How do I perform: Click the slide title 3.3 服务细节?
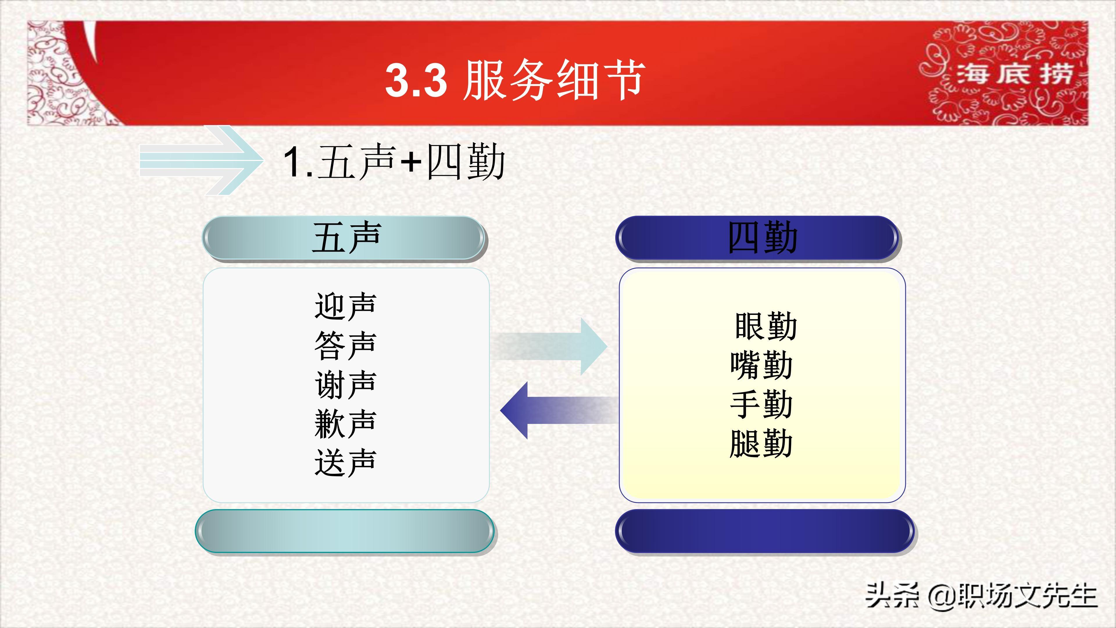point(515,80)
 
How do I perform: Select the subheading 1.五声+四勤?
point(394,161)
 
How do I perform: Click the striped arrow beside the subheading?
point(201,160)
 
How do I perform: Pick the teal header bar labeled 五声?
point(345,238)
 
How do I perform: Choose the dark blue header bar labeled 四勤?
point(759,238)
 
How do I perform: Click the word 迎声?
point(345,306)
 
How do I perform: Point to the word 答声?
point(345,345)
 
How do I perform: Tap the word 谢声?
point(345,384)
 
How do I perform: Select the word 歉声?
point(345,423)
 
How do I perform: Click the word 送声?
point(345,463)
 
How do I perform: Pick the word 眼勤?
point(766,326)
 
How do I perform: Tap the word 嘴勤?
point(761,365)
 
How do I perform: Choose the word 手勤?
point(761,404)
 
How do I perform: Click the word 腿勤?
point(761,443)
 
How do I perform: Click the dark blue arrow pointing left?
point(559,410)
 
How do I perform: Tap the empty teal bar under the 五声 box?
point(345,532)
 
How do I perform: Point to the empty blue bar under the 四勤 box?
point(765,532)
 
